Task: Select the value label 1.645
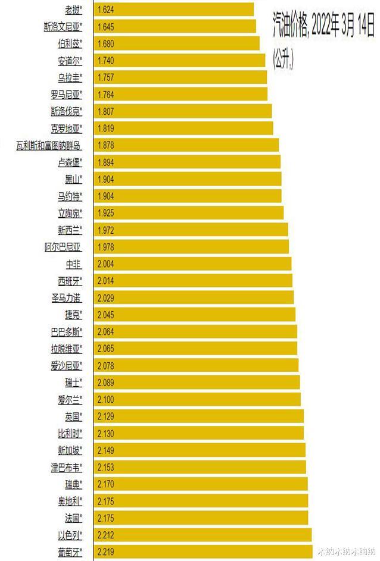(105, 27)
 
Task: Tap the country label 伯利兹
(70, 43)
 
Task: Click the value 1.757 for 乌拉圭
(105, 77)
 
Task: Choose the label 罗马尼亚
(67, 95)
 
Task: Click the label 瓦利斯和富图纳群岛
(48, 145)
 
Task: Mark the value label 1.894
(105, 162)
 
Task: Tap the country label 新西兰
(70, 230)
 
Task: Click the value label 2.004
(105, 264)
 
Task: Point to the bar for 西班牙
(193, 281)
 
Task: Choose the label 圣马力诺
(67, 297)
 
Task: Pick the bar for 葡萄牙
(203, 551)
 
